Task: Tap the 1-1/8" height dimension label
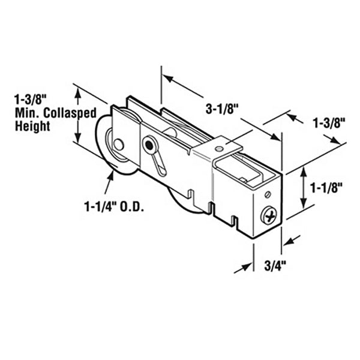326,187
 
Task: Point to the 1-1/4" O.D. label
116,207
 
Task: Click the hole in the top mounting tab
220,144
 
